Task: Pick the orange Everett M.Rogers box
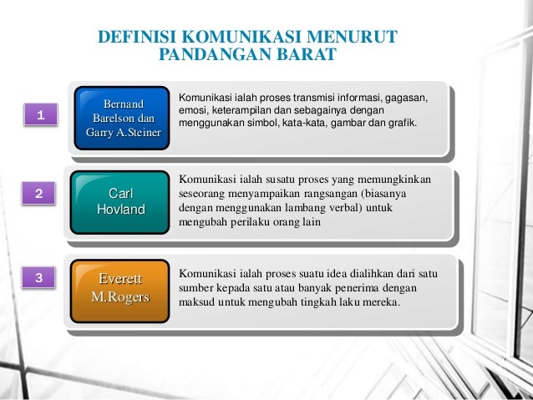121,286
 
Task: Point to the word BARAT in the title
304,56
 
